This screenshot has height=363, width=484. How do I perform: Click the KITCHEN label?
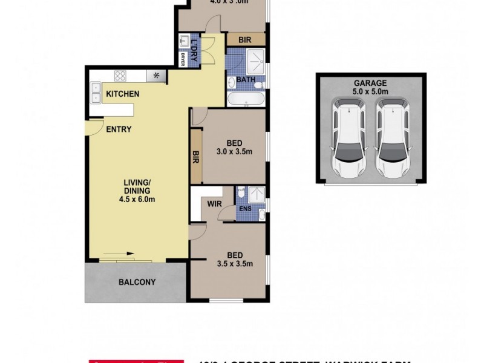point(123,94)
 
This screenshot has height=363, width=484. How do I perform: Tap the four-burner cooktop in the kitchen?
point(120,76)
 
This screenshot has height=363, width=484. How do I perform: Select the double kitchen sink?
point(95,92)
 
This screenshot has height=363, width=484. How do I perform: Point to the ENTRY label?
point(119,129)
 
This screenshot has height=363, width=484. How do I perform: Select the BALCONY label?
point(137,282)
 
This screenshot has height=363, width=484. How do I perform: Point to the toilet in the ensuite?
point(241,193)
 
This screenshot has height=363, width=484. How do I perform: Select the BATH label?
point(246,80)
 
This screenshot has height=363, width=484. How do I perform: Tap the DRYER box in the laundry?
point(182,59)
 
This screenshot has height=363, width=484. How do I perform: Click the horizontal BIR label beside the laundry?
point(245,40)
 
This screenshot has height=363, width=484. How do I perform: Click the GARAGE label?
point(371,83)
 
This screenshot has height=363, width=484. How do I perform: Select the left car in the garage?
point(348,139)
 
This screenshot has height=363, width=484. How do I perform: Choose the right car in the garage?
point(393,139)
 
